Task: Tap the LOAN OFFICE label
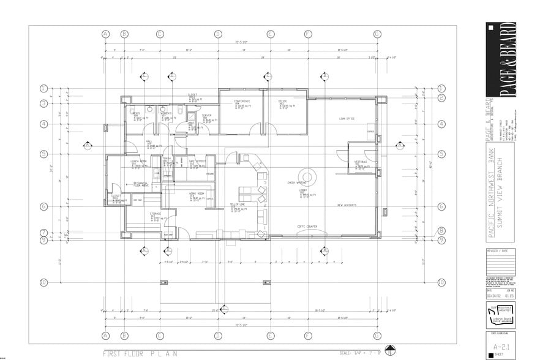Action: (x=347, y=119)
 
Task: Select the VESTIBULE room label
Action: (x=361, y=162)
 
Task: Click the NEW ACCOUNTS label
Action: (x=347, y=205)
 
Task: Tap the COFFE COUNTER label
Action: (x=307, y=227)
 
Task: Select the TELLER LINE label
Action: (x=238, y=204)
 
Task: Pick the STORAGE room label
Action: (x=156, y=214)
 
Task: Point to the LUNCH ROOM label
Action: (x=138, y=162)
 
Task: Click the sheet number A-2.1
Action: (x=500, y=347)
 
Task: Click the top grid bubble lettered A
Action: (x=105, y=34)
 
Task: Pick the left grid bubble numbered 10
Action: (x=44, y=282)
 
